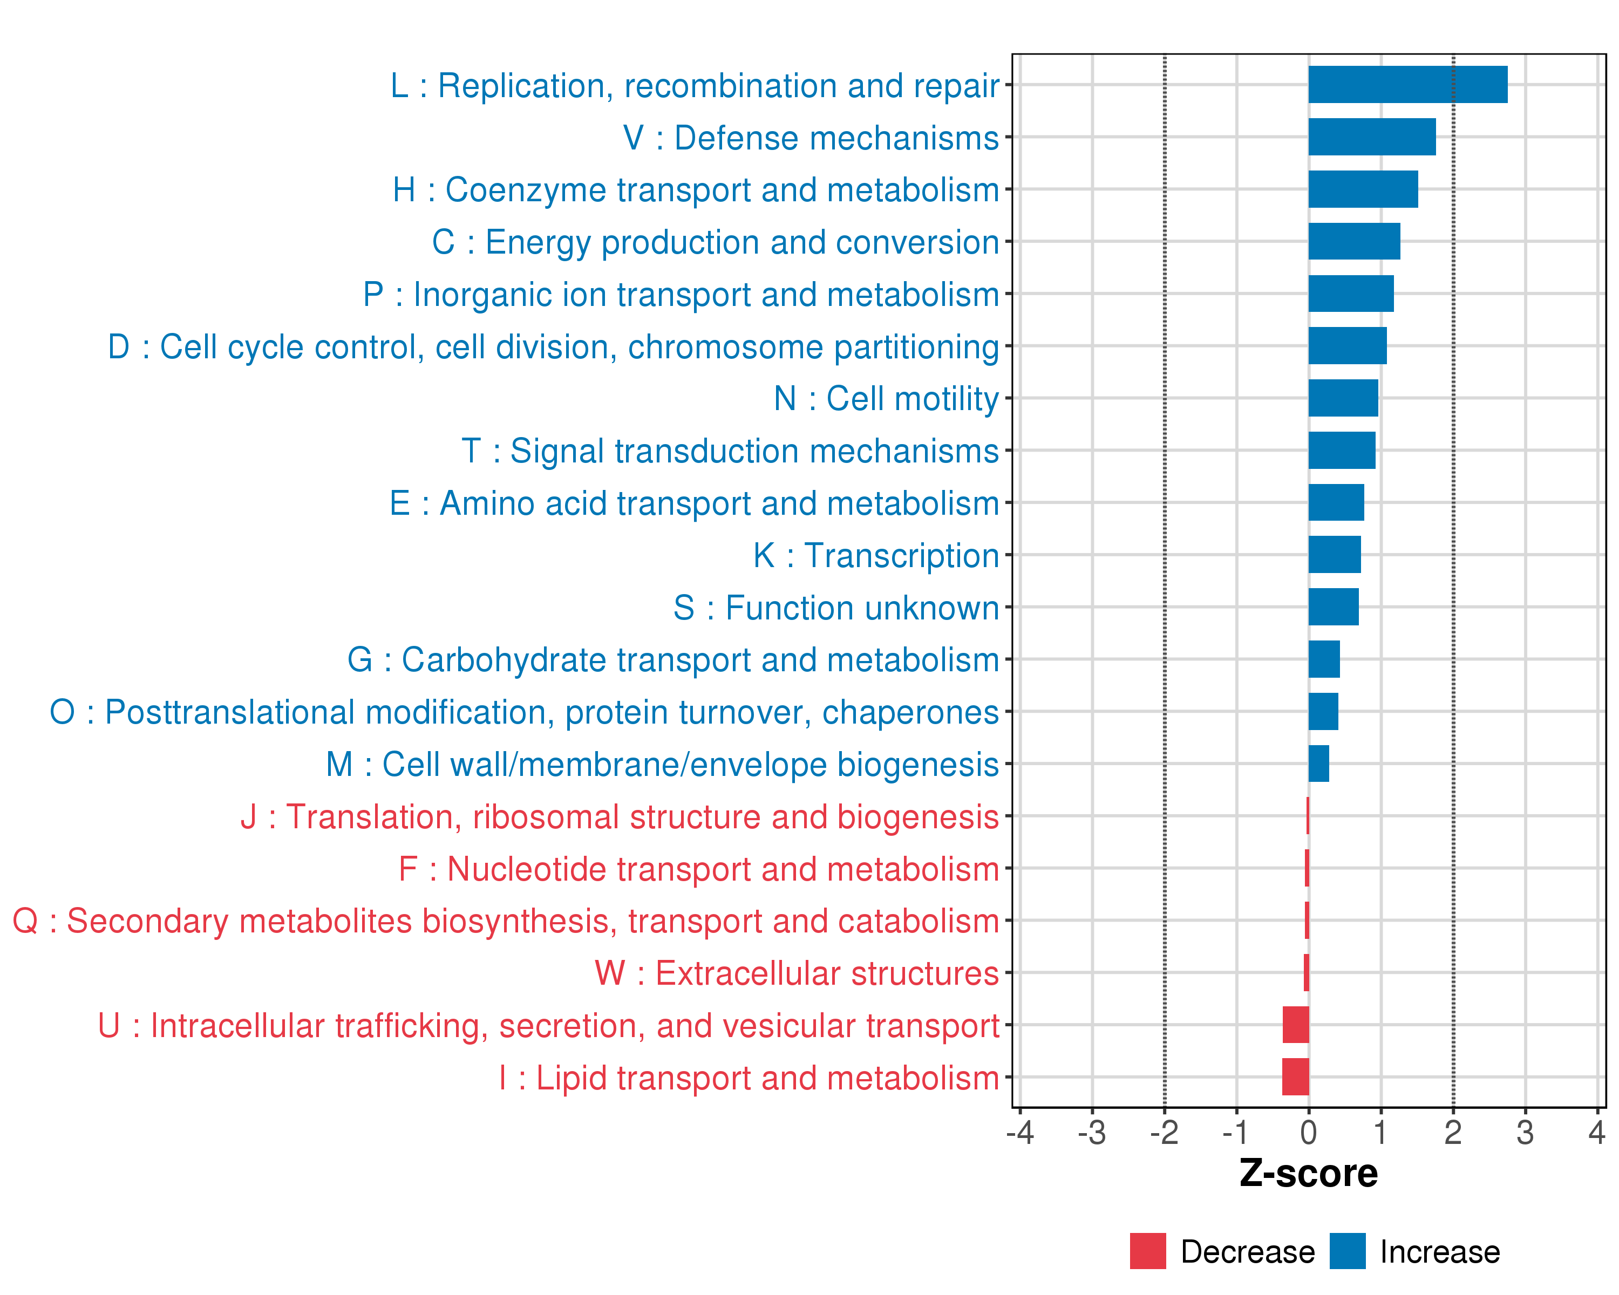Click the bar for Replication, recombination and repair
pos(1407,84)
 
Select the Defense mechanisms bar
pos(1371,137)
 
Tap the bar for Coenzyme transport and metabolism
pos(1363,189)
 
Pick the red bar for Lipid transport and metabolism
pos(1295,1076)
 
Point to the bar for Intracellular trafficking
pos(1295,1025)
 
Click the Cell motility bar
pos(1343,398)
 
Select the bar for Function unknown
pos(1333,606)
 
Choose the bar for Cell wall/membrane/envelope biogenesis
pos(1318,764)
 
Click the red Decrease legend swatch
pos(1147,1251)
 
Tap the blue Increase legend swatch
pos(1347,1251)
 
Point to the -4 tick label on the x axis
pos(1020,1132)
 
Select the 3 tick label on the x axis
pos(1525,1132)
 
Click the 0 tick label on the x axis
pos(1308,1132)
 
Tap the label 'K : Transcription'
pos(875,556)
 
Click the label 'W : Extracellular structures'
pos(796,973)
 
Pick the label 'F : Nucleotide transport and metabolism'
pos(698,869)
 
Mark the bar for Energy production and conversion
pos(1354,241)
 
